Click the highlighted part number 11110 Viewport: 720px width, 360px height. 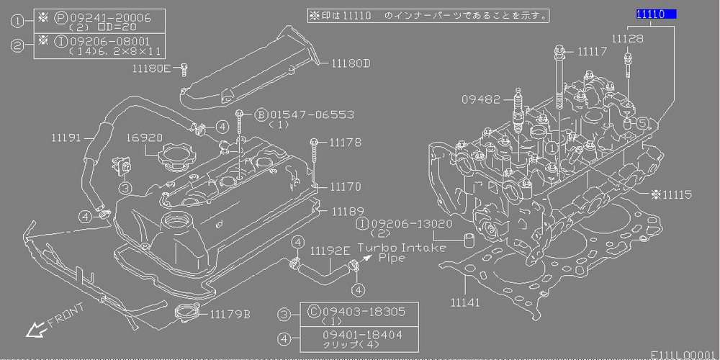654,14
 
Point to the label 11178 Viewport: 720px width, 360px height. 346,143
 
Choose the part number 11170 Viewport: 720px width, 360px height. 346,186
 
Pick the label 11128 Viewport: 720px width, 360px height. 628,37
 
